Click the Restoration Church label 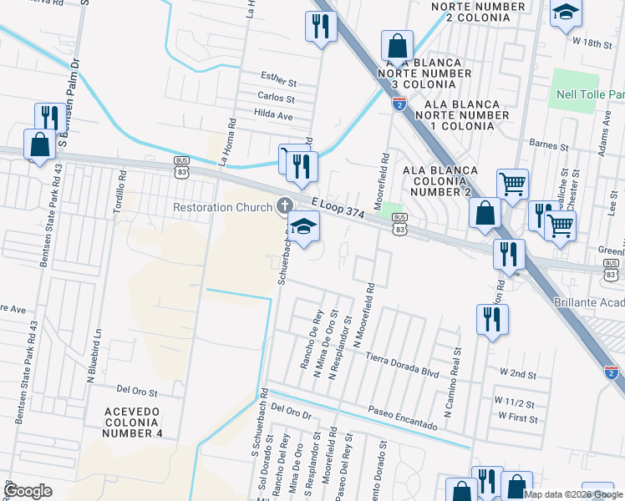coord(222,207)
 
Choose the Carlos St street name coord(277,97)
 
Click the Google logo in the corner coord(28,491)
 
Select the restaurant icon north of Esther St coord(320,26)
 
